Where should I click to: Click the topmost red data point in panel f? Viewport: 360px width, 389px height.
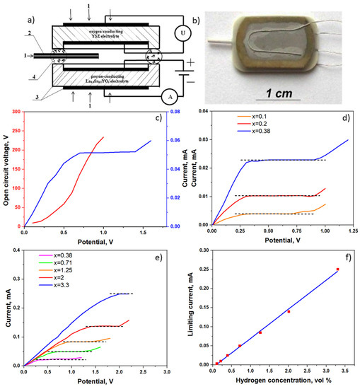337,269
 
